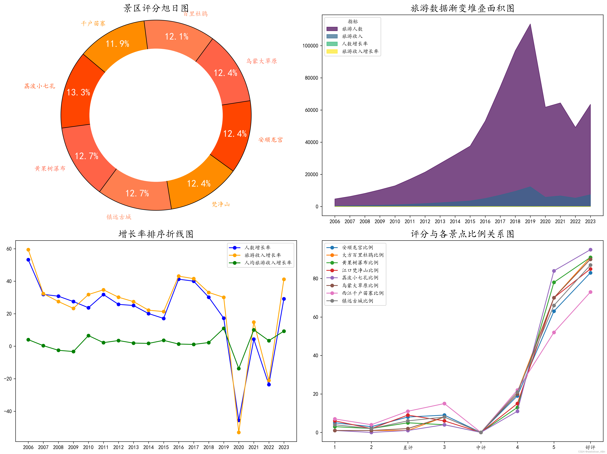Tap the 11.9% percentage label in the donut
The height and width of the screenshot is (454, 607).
(x=117, y=44)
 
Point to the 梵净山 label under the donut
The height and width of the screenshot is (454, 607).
(x=221, y=204)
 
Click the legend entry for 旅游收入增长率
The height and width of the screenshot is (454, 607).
(x=360, y=51)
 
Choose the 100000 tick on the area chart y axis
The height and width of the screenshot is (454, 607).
(x=310, y=46)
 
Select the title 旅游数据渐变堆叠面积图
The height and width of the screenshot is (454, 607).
(x=462, y=8)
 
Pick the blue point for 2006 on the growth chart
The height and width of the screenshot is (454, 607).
(x=28, y=260)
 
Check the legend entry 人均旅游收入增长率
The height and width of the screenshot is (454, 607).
(x=268, y=263)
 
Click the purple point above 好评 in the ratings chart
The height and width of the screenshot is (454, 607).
(x=590, y=250)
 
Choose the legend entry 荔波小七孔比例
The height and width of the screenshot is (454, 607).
(x=360, y=278)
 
